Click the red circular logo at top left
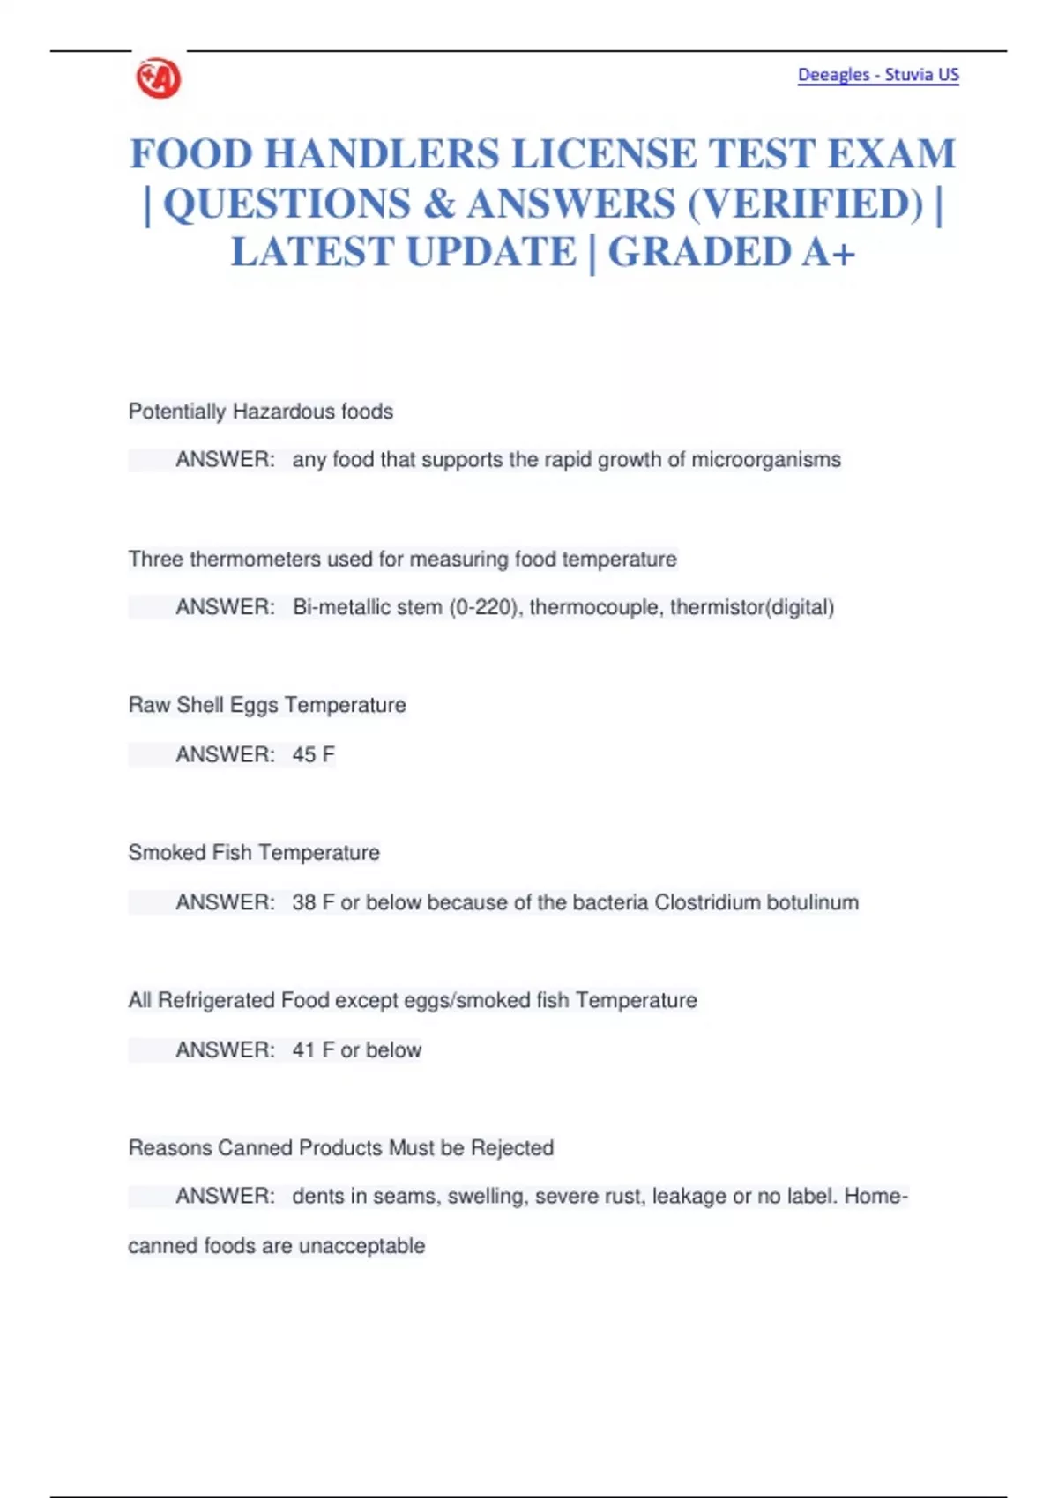click(159, 79)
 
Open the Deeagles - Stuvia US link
click(878, 75)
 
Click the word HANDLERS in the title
click(382, 154)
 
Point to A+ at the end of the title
click(829, 253)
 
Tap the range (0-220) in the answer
click(485, 607)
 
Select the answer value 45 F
click(313, 755)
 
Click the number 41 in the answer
click(303, 1050)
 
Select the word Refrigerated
click(216, 1001)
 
